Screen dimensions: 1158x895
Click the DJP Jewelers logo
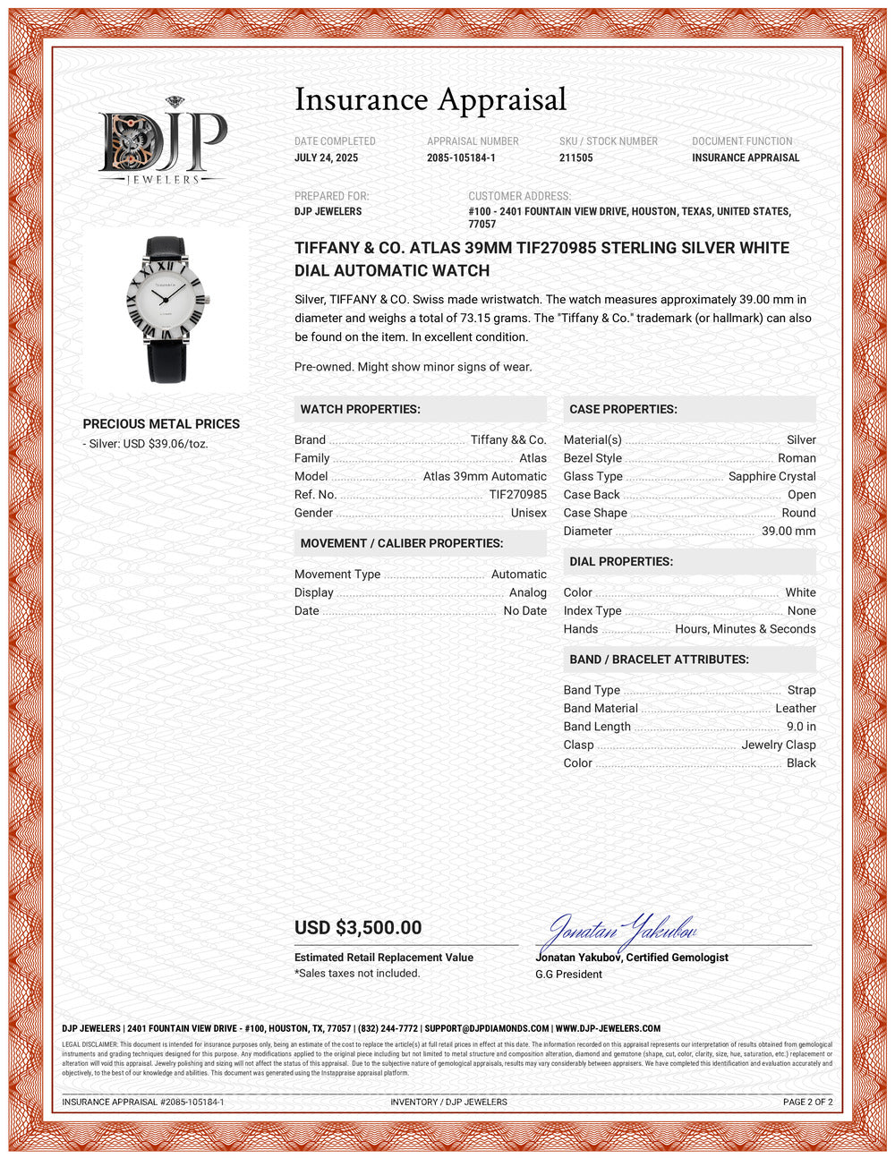point(162,141)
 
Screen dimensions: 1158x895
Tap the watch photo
point(166,309)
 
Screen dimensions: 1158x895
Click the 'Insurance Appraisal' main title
point(430,99)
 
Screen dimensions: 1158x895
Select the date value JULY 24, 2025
point(326,158)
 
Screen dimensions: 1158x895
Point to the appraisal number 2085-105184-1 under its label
point(461,158)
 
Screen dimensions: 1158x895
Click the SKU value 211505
point(575,158)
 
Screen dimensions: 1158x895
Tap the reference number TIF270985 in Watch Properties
point(517,495)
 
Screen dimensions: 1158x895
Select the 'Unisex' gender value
point(528,513)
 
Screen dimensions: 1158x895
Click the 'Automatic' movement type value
point(518,575)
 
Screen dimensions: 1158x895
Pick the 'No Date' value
point(524,611)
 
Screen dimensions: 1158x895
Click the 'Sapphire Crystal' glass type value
point(771,476)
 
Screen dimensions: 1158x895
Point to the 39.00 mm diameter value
point(788,532)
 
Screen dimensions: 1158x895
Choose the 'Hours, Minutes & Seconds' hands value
point(745,629)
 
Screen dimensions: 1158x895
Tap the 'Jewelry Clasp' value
point(778,745)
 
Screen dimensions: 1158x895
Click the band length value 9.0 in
point(801,727)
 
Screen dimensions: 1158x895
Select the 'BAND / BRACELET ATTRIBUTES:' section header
point(659,660)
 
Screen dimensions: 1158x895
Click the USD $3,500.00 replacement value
point(358,928)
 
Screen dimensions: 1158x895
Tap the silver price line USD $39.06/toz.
point(149,444)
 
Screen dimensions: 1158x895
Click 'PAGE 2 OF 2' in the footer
point(807,1102)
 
